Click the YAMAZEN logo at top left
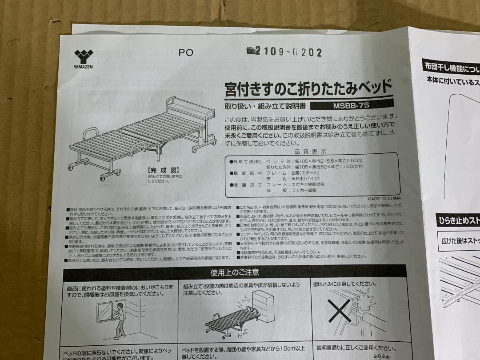[x=84, y=58]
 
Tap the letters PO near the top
[x=186, y=52]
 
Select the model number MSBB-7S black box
[x=351, y=106]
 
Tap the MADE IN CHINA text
[x=384, y=199]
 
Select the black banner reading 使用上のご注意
[x=234, y=272]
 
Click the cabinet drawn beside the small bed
[x=263, y=307]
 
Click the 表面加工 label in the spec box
[x=245, y=184]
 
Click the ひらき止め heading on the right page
[x=458, y=220]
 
